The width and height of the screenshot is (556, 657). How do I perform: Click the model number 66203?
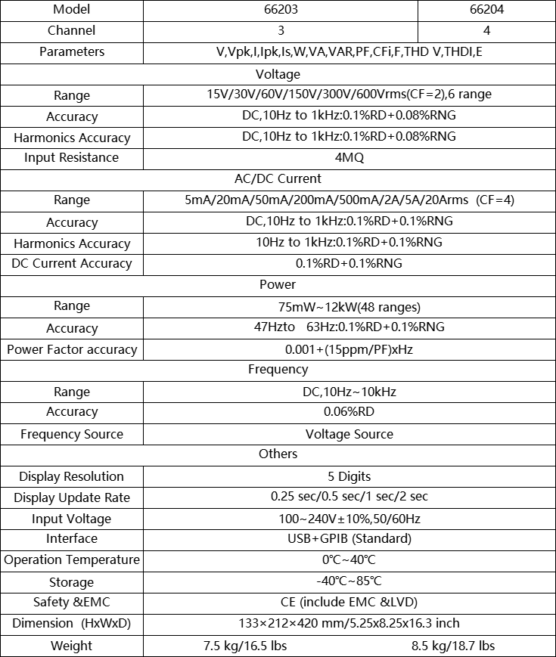click(281, 11)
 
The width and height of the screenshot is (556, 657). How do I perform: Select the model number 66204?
click(486, 11)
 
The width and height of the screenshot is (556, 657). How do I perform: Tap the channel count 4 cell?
click(486, 31)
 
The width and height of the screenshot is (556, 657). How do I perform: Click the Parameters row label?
click(72, 52)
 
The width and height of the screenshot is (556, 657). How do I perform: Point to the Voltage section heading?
click(278, 74)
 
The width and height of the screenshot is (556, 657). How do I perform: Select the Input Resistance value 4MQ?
click(349, 158)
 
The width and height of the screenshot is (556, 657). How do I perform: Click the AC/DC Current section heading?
click(278, 179)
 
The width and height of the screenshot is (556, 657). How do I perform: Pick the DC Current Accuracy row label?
click(72, 264)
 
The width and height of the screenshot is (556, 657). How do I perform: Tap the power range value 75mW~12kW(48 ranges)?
click(349, 307)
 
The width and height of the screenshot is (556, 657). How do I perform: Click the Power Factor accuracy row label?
click(72, 349)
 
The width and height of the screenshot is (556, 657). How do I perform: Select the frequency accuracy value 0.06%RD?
click(349, 412)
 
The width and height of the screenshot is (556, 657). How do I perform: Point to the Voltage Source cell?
click(349, 434)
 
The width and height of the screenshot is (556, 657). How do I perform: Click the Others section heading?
click(278, 454)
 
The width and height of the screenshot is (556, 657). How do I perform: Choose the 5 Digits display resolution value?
click(349, 476)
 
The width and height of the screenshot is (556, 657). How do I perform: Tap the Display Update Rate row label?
click(72, 497)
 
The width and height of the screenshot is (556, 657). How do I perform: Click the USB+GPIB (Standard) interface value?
click(349, 539)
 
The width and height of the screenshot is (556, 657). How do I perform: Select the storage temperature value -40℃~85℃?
click(349, 581)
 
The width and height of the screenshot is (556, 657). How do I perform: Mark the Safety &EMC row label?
click(72, 603)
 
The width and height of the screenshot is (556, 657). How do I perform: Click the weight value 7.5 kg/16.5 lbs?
click(245, 646)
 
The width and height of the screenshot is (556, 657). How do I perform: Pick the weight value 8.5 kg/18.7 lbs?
click(452, 646)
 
